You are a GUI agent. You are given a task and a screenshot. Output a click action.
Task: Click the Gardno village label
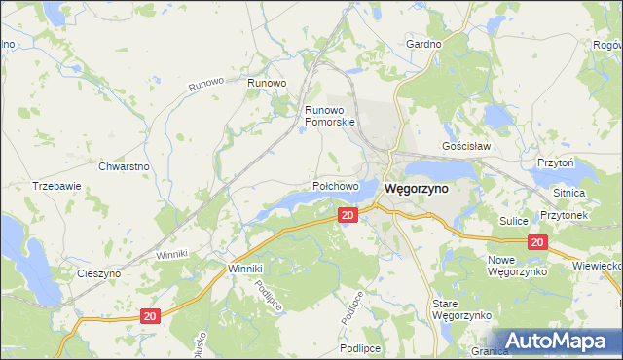click(424, 45)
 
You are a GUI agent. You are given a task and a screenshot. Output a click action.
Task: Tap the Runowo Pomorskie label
click(331, 117)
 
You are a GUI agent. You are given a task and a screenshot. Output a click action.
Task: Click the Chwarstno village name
click(124, 166)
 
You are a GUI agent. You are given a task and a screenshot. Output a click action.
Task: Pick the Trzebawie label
click(55, 185)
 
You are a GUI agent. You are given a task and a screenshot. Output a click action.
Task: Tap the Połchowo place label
click(336, 185)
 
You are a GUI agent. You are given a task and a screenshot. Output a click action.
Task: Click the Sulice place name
click(513, 222)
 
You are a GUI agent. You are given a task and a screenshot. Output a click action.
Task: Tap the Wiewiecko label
click(598, 265)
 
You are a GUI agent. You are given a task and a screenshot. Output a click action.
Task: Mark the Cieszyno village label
click(98, 274)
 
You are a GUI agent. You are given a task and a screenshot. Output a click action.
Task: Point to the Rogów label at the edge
click(607, 45)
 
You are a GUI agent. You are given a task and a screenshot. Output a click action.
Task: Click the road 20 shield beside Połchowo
click(347, 215)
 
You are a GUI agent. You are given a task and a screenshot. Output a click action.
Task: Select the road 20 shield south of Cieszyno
click(149, 316)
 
